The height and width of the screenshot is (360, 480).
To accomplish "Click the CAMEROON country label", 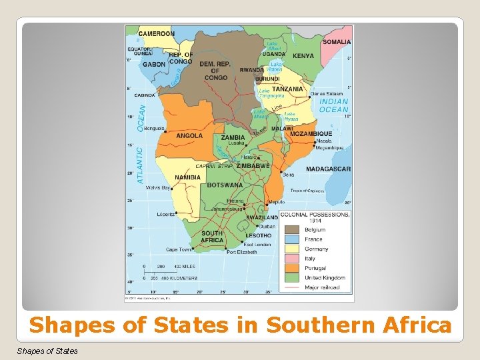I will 157,33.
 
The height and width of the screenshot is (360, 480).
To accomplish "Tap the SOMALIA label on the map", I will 336,41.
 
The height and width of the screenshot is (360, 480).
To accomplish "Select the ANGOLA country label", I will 189,135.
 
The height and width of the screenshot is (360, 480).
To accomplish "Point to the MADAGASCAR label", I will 328,169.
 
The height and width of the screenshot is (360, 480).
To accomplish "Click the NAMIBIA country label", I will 188,177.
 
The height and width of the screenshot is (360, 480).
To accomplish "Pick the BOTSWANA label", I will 225,185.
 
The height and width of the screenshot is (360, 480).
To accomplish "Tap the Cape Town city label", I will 179,249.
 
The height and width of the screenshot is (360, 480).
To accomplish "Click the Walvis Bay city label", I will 158,188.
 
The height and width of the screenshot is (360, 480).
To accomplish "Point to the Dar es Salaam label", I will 326,93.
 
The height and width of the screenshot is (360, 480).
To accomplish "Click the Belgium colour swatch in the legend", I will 291,230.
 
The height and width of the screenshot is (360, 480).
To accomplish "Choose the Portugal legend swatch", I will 291,268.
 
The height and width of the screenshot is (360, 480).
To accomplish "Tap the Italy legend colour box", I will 291,259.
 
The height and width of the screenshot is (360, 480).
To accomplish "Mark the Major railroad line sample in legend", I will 291,287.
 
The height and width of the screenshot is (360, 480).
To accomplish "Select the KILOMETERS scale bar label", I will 178,277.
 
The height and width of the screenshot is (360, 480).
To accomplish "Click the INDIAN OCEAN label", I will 333,105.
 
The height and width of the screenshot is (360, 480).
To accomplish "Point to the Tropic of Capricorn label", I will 307,191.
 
